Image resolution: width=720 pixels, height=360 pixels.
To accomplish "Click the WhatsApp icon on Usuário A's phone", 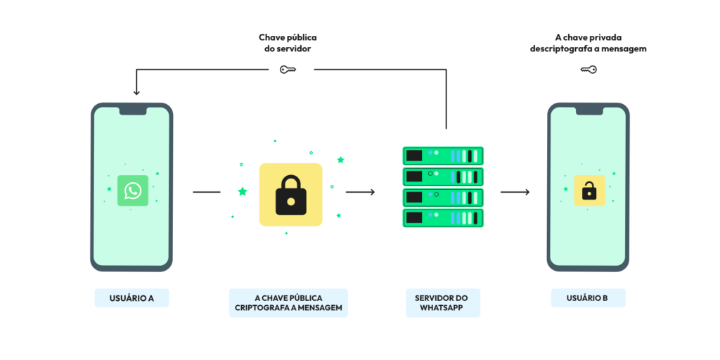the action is point(133,191).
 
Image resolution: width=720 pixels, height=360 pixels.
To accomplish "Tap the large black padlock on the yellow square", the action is point(290,195).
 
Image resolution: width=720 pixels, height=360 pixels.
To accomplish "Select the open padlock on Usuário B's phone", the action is point(589,191).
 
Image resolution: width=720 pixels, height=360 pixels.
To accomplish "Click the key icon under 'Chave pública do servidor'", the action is point(288,70).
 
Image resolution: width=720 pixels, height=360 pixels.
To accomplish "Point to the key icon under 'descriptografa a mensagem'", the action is point(589,70).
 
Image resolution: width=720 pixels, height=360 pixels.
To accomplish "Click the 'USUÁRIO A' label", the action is point(131,298).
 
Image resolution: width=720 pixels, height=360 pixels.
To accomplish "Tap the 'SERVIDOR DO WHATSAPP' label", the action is point(443,303).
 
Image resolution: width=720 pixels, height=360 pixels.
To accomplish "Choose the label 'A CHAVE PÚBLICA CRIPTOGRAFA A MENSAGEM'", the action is point(288,303).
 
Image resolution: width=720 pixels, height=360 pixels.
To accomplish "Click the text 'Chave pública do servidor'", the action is point(288,43).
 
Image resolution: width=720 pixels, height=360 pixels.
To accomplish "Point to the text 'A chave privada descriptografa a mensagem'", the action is point(589,43).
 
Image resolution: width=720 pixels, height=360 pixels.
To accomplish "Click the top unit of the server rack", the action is point(443,155).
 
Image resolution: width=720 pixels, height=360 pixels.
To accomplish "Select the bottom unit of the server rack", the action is point(443,218).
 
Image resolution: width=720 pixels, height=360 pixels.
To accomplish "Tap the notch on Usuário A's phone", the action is point(132,111).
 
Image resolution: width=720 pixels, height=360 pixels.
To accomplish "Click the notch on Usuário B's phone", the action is point(589,111).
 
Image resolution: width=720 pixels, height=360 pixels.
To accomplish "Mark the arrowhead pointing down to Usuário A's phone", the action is point(136,93).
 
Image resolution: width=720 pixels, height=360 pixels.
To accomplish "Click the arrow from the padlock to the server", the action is point(361,191).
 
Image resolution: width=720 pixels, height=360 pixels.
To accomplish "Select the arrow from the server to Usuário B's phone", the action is point(515,191).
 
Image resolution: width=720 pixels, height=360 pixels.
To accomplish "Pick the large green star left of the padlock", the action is point(243,191).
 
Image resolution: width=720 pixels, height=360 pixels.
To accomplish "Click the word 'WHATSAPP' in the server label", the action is point(443,308).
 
